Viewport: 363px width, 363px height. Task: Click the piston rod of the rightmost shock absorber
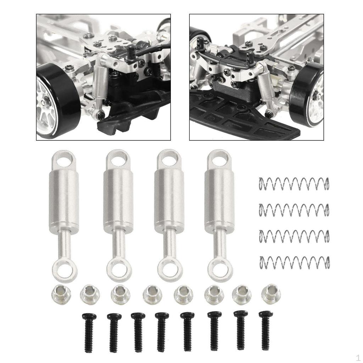click(219, 243)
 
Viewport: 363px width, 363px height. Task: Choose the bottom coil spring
click(294, 262)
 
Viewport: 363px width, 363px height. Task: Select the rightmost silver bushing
click(271, 293)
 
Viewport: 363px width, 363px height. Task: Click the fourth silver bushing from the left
click(152, 294)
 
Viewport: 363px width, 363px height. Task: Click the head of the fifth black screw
click(187, 315)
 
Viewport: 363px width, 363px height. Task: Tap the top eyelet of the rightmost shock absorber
click(220, 159)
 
